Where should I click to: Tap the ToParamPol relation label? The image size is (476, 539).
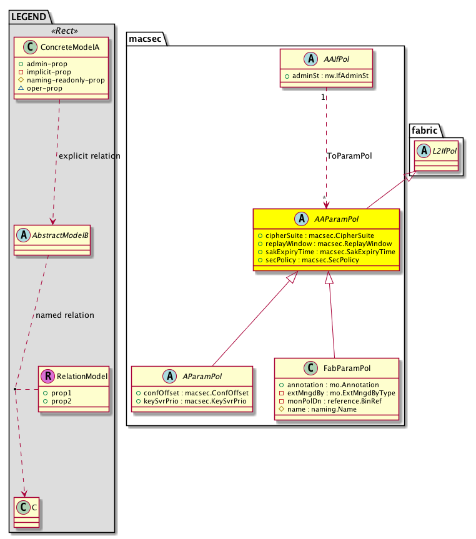point(349,156)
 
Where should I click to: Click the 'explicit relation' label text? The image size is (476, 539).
point(89,156)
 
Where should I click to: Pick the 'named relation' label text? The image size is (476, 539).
point(65,315)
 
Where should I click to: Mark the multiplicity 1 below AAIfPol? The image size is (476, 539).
point(322,97)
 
